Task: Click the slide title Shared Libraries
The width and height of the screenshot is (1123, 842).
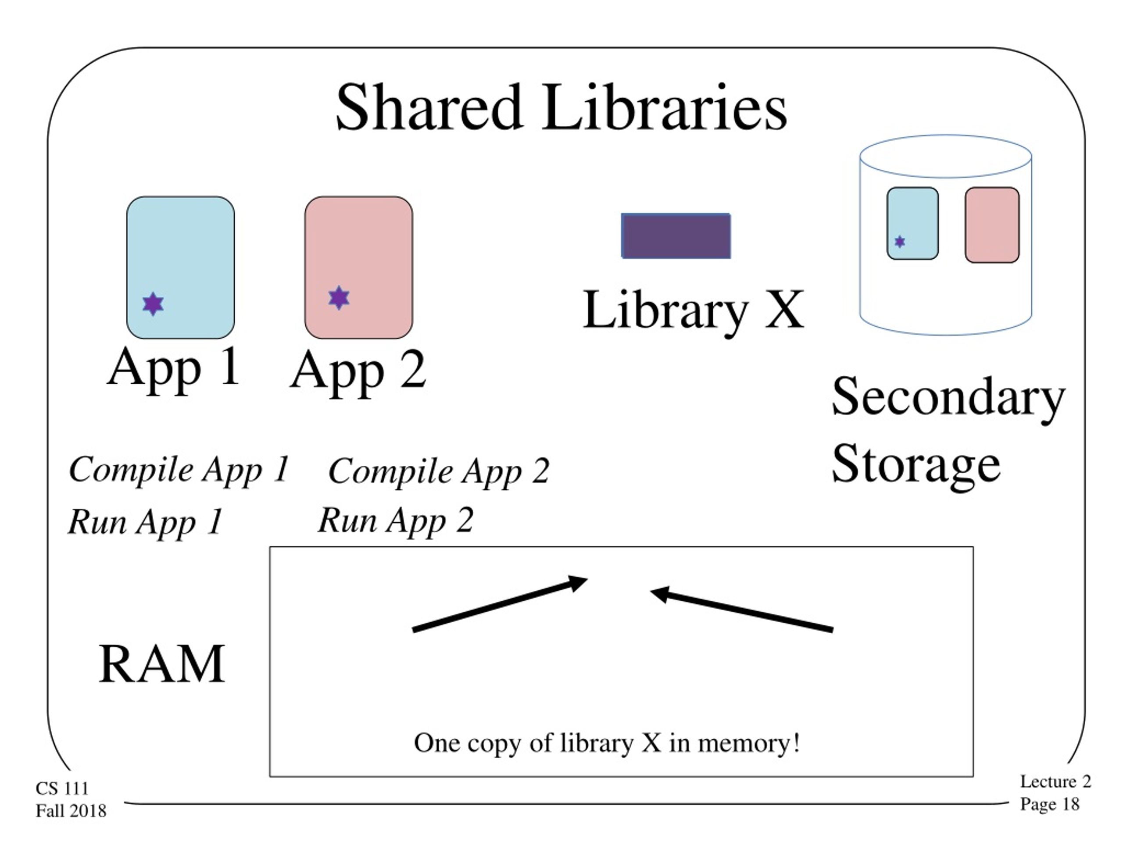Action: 561,107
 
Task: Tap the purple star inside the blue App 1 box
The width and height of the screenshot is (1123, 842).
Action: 153,304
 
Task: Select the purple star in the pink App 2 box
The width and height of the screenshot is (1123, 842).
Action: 339,297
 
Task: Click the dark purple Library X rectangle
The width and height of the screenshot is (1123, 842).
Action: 676,235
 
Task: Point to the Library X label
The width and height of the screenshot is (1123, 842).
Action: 694,310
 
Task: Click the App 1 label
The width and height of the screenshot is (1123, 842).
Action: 174,368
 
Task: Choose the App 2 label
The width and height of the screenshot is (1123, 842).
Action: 358,371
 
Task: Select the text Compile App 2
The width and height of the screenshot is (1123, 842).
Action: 439,471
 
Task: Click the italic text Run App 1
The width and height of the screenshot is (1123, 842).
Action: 145,522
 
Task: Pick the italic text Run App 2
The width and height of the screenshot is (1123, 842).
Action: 396,521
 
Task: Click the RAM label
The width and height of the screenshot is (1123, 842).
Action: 161,664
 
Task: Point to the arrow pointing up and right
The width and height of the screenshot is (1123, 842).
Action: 500,604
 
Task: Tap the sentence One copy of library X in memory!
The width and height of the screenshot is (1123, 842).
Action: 607,743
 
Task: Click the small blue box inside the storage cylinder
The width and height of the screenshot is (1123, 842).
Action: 912,223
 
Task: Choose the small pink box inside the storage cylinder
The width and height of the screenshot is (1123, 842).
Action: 992,225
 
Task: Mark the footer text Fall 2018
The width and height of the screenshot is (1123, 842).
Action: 71,810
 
